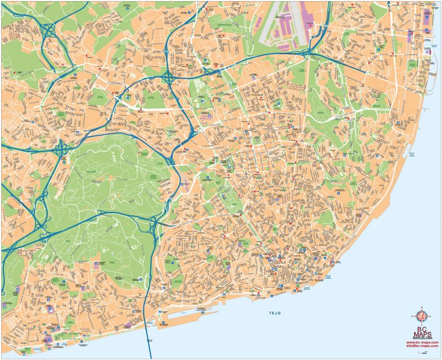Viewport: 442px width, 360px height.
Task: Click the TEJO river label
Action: (x=277, y=313)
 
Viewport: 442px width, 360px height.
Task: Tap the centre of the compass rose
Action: (x=422, y=316)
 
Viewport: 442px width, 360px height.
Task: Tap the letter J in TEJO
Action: (x=277, y=313)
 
